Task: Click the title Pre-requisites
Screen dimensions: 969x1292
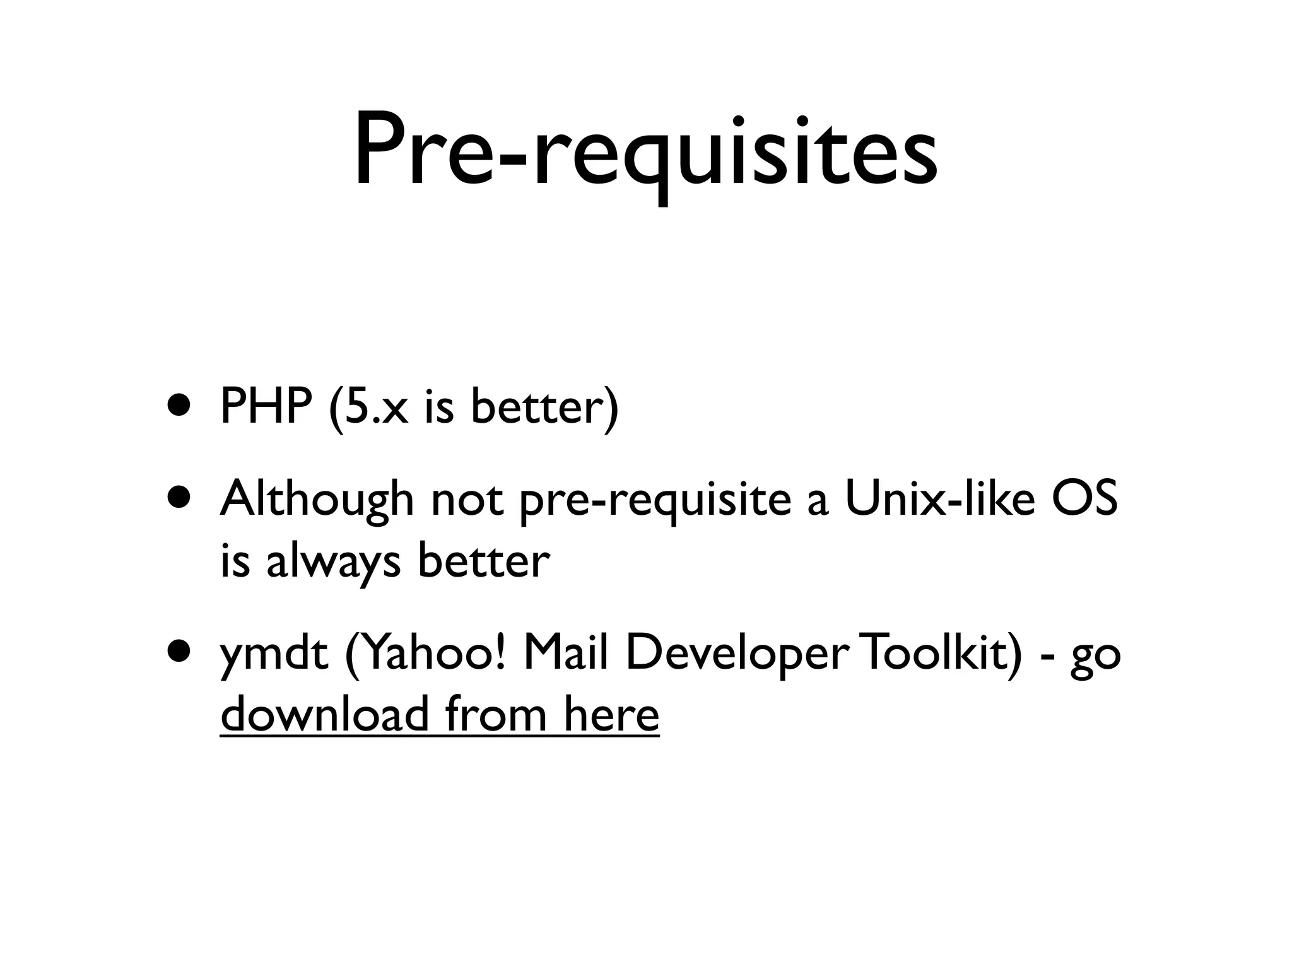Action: tap(645, 151)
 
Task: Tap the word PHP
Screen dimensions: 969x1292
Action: tap(266, 407)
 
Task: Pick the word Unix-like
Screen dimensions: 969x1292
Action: tap(939, 498)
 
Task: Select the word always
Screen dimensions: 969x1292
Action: tap(333, 561)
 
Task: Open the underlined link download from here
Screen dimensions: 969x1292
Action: tap(440, 714)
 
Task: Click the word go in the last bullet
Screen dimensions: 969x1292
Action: tap(1095, 656)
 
